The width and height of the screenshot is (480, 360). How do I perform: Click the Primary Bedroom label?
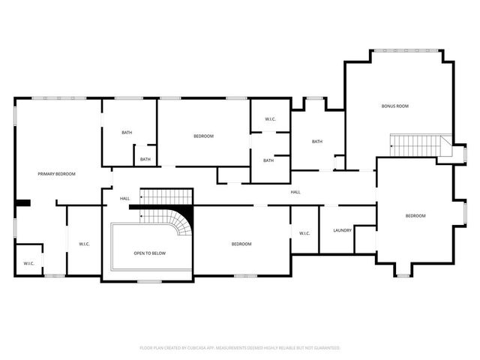(x=57, y=174)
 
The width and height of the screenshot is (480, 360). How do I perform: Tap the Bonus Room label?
(x=394, y=106)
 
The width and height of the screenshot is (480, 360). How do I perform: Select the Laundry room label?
(x=342, y=230)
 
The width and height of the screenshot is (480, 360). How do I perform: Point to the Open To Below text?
(x=149, y=253)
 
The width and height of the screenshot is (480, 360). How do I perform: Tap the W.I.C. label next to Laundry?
(x=304, y=233)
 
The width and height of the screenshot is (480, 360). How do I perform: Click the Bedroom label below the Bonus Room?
(x=415, y=216)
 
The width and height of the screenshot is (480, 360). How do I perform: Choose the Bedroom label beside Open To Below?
(x=241, y=244)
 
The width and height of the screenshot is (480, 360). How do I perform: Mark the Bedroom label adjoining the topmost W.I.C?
(x=204, y=136)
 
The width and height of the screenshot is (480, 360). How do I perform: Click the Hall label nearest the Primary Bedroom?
(x=124, y=199)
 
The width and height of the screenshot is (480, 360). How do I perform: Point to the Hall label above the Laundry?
(x=295, y=193)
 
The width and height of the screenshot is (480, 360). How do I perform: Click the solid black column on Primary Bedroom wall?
(x=22, y=202)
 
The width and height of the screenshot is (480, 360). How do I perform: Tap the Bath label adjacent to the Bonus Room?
(x=317, y=142)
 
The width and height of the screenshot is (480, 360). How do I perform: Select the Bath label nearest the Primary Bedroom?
(x=127, y=133)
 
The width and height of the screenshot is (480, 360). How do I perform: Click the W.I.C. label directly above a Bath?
(x=270, y=120)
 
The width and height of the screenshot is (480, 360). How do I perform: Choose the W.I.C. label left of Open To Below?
(x=85, y=244)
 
